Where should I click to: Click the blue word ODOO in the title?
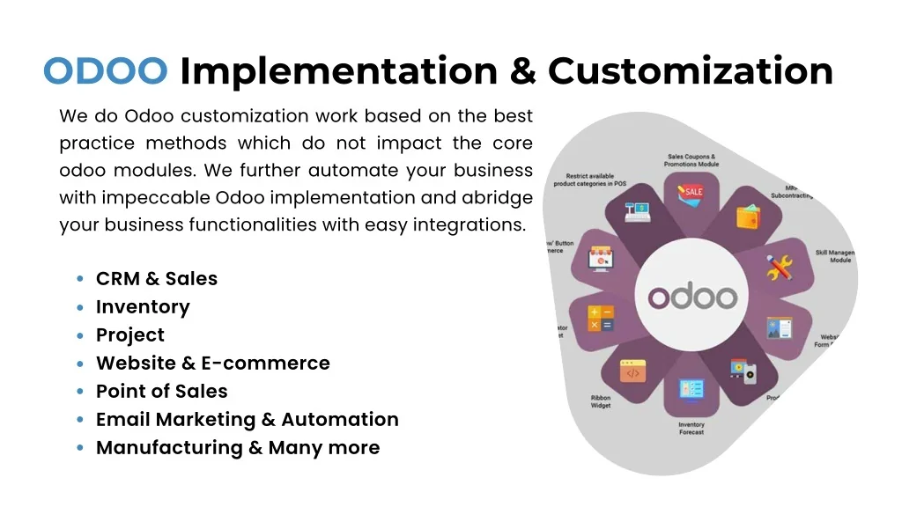click(106, 71)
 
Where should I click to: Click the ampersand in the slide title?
click(525, 71)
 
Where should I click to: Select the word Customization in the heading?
click(691, 71)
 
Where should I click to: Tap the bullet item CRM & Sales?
click(157, 279)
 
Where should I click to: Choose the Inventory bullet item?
click(143, 307)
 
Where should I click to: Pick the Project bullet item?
click(130, 335)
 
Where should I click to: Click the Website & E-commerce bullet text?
click(213, 364)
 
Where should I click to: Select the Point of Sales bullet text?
click(162, 392)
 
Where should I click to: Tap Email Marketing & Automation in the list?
click(248, 420)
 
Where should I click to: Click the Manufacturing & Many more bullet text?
click(238, 448)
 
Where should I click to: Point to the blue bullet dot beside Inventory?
click(80, 307)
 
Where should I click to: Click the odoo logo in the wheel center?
click(692, 296)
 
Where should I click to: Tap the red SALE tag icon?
click(692, 191)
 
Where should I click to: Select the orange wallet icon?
click(747, 217)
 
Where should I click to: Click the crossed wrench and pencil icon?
click(779, 268)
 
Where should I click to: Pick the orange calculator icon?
click(602, 318)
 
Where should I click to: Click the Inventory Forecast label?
click(691, 429)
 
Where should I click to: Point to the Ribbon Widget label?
click(601, 402)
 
